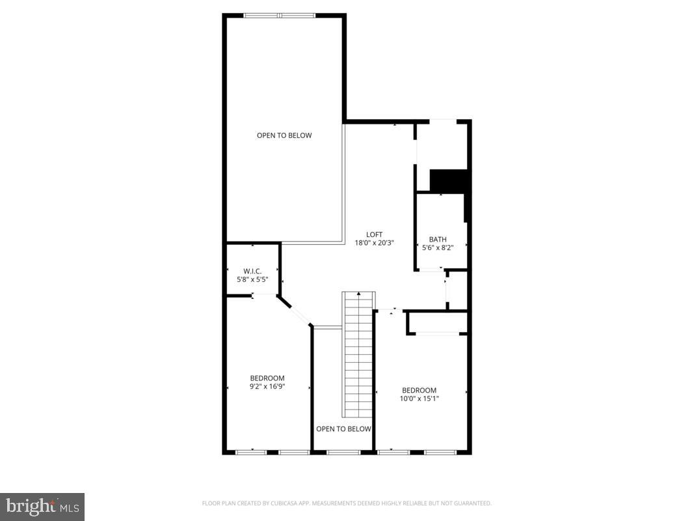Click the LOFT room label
(374, 234)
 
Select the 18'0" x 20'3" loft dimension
(374, 243)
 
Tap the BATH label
(437, 239)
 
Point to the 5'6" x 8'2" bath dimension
(437, 247)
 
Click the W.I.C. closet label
(252, 271)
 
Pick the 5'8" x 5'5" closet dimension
(252, 279)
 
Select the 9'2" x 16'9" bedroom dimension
(267, 386)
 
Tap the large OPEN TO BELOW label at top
(284, 135)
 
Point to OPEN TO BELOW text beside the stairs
(343, 429)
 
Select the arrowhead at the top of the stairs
(358, 294)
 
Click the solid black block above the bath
(449, 180)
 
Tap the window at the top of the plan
(279, 15)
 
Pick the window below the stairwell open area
(343, 452)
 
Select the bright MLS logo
(42, 505)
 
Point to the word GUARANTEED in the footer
(473, 503)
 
